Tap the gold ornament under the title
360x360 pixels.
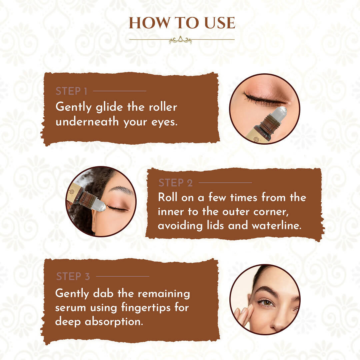pyautogui.click(x=180, y=40)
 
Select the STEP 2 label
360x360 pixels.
pyautogui.click(x=175, y=183)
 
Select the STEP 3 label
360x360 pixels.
pyautogui.click(x=73, y=276)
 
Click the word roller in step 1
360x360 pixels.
pyautogui.click(x=161, y=107)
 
